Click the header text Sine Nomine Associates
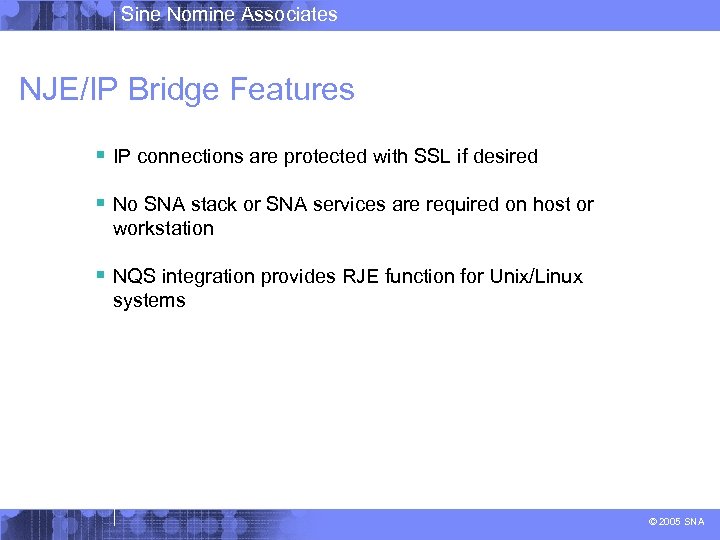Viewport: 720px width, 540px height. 229,14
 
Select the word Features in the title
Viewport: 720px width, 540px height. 292,90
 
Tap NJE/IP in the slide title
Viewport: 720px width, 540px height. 68,90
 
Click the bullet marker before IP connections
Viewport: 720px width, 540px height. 101,156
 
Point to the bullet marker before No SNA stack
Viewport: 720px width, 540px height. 101,204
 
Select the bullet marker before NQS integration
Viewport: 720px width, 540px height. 101,276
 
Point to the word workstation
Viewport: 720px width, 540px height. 163,229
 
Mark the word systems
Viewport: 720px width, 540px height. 149,301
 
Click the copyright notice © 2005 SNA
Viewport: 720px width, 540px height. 677,522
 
